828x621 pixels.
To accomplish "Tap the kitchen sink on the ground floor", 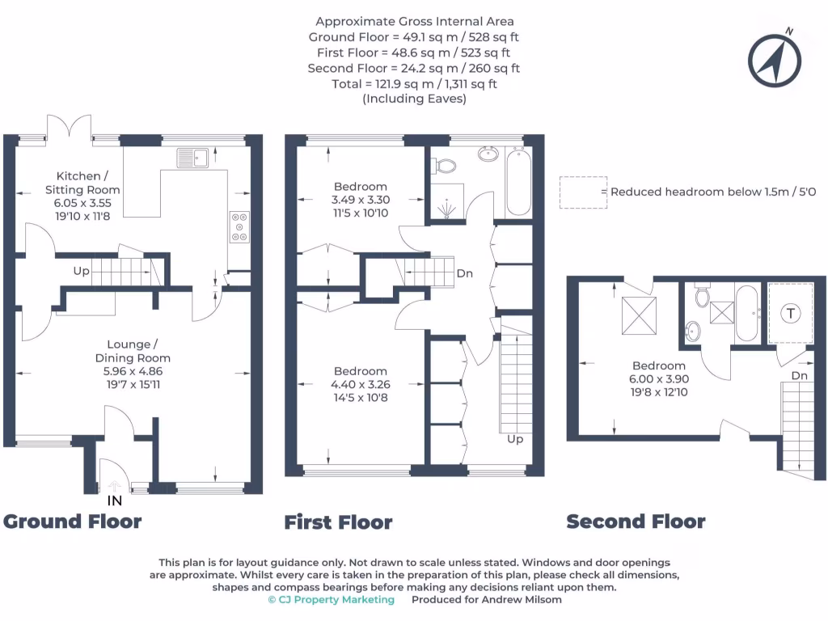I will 194,157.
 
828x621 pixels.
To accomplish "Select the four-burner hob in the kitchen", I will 240,227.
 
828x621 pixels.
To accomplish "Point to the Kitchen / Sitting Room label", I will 78,183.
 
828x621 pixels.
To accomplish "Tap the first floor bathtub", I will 517,183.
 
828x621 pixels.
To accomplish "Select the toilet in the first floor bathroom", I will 444,166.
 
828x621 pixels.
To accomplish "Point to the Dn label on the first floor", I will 464,273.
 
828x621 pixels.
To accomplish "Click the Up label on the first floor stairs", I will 515,439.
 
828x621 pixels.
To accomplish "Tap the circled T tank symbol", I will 790,313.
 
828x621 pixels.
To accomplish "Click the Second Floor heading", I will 636,522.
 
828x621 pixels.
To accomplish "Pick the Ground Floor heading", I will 73,521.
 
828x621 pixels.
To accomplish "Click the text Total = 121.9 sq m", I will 414,84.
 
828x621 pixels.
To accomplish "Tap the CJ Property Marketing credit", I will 332,599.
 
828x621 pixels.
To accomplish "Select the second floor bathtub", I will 746,313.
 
